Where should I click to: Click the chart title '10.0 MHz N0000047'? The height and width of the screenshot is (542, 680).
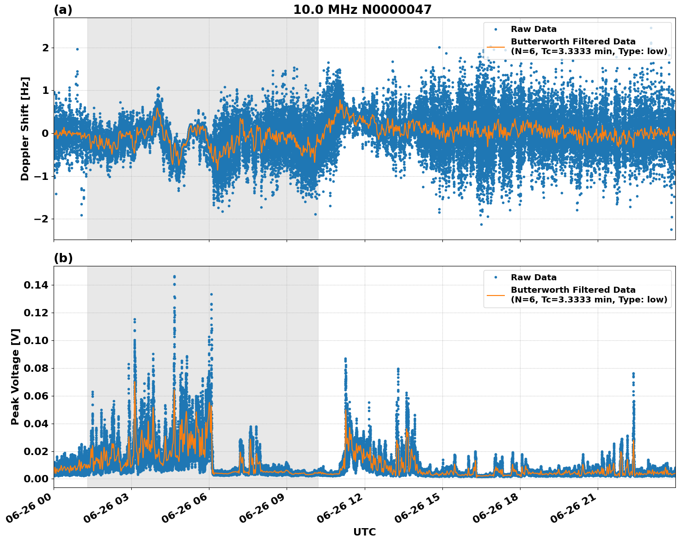[362, 10]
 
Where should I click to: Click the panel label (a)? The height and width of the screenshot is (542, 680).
[63, 10]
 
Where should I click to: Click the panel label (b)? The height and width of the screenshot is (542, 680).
[63, 258]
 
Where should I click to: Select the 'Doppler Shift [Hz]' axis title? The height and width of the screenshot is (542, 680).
[25, 129]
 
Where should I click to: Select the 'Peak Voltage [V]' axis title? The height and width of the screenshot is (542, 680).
[15, 376]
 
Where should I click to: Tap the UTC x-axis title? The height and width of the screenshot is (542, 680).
[364, 532]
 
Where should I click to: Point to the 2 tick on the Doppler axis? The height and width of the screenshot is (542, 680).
[45, 48]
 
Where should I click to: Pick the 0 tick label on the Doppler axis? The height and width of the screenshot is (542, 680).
[45, 134]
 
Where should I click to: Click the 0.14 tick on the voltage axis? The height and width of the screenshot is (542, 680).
[36, 285]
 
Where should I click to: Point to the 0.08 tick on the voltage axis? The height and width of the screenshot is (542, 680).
[36, 369]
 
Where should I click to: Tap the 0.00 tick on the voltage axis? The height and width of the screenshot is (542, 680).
[36, 479]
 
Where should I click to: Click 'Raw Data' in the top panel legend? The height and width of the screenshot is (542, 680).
[533, 29]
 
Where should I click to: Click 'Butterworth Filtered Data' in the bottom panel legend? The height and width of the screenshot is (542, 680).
[573, 290]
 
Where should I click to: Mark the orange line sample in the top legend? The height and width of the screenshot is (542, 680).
[496, 47]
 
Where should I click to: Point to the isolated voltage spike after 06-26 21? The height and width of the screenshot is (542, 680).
[633, 374]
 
